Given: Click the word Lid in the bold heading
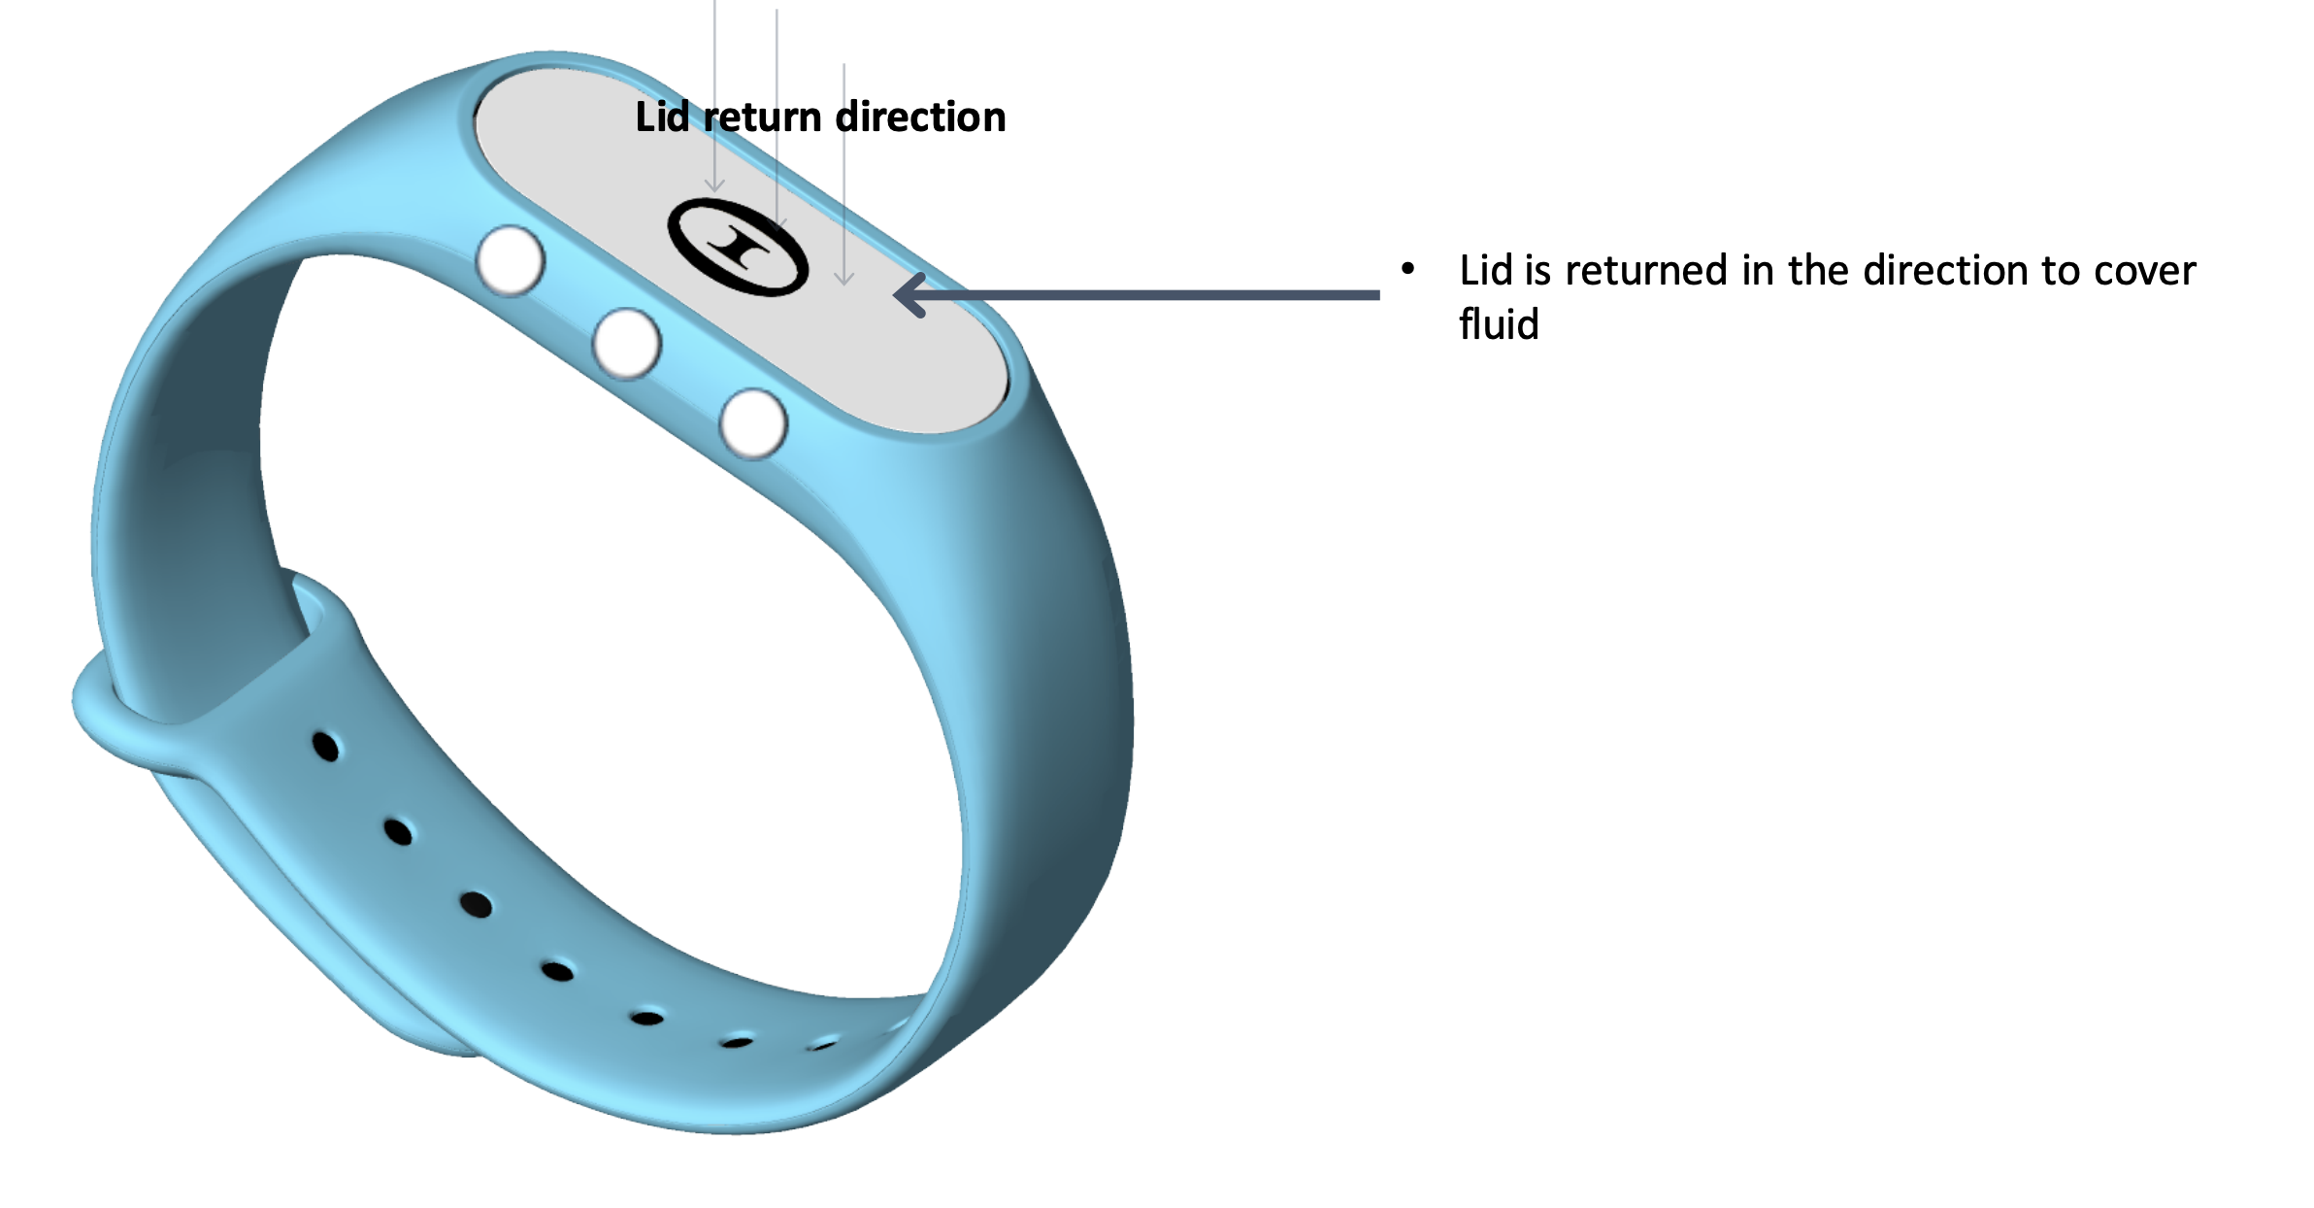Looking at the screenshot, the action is [x=662, y=117].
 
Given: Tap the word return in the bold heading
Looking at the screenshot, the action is [x=763, y=117].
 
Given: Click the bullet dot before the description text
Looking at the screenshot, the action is [x=1407, y=268].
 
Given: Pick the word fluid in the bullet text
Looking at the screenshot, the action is [x=1499, y=324].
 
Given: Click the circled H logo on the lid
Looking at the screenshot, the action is [x=738, y=247].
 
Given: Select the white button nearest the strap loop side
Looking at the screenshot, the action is [x=511, y=260].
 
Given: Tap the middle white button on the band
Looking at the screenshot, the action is [x=627, y=343].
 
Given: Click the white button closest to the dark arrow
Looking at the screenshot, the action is [x=753, y=424].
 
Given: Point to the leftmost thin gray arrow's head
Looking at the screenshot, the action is [x=714, y=185].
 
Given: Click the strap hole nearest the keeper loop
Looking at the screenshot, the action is [x=326, y=747].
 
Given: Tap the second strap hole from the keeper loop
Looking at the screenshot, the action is [x=398, y=832].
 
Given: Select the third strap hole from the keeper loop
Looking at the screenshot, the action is [x=476, y=905].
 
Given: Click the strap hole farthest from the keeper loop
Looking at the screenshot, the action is [x=823, y=1045].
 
